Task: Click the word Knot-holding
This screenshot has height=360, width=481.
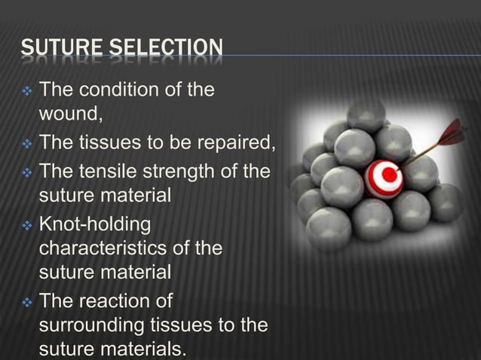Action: tap(95, 224)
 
